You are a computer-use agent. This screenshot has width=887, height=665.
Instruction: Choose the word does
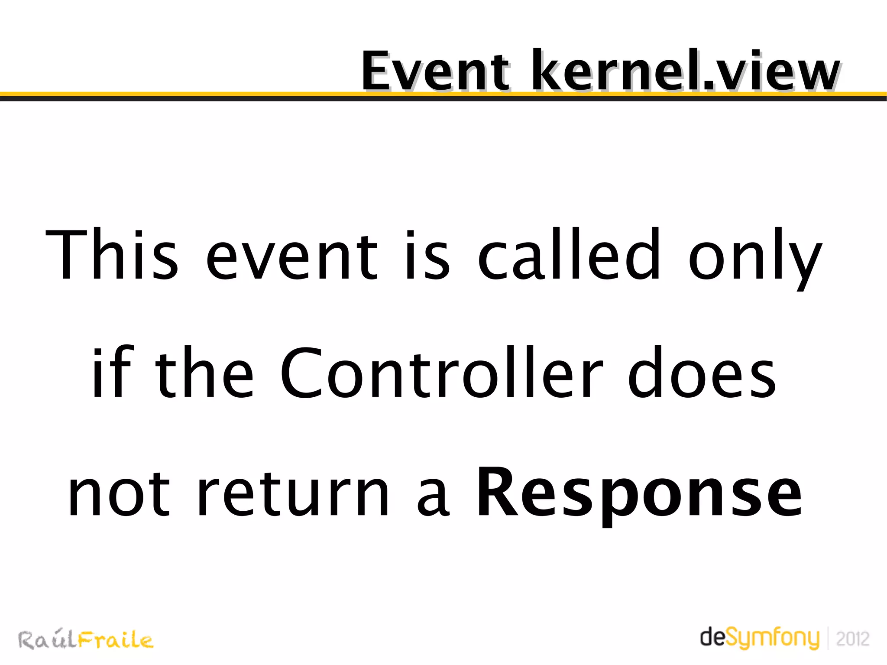[702, 373]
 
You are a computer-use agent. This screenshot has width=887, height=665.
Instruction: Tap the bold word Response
[639, 494]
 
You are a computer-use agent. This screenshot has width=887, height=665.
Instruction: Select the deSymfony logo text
[760, 638]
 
